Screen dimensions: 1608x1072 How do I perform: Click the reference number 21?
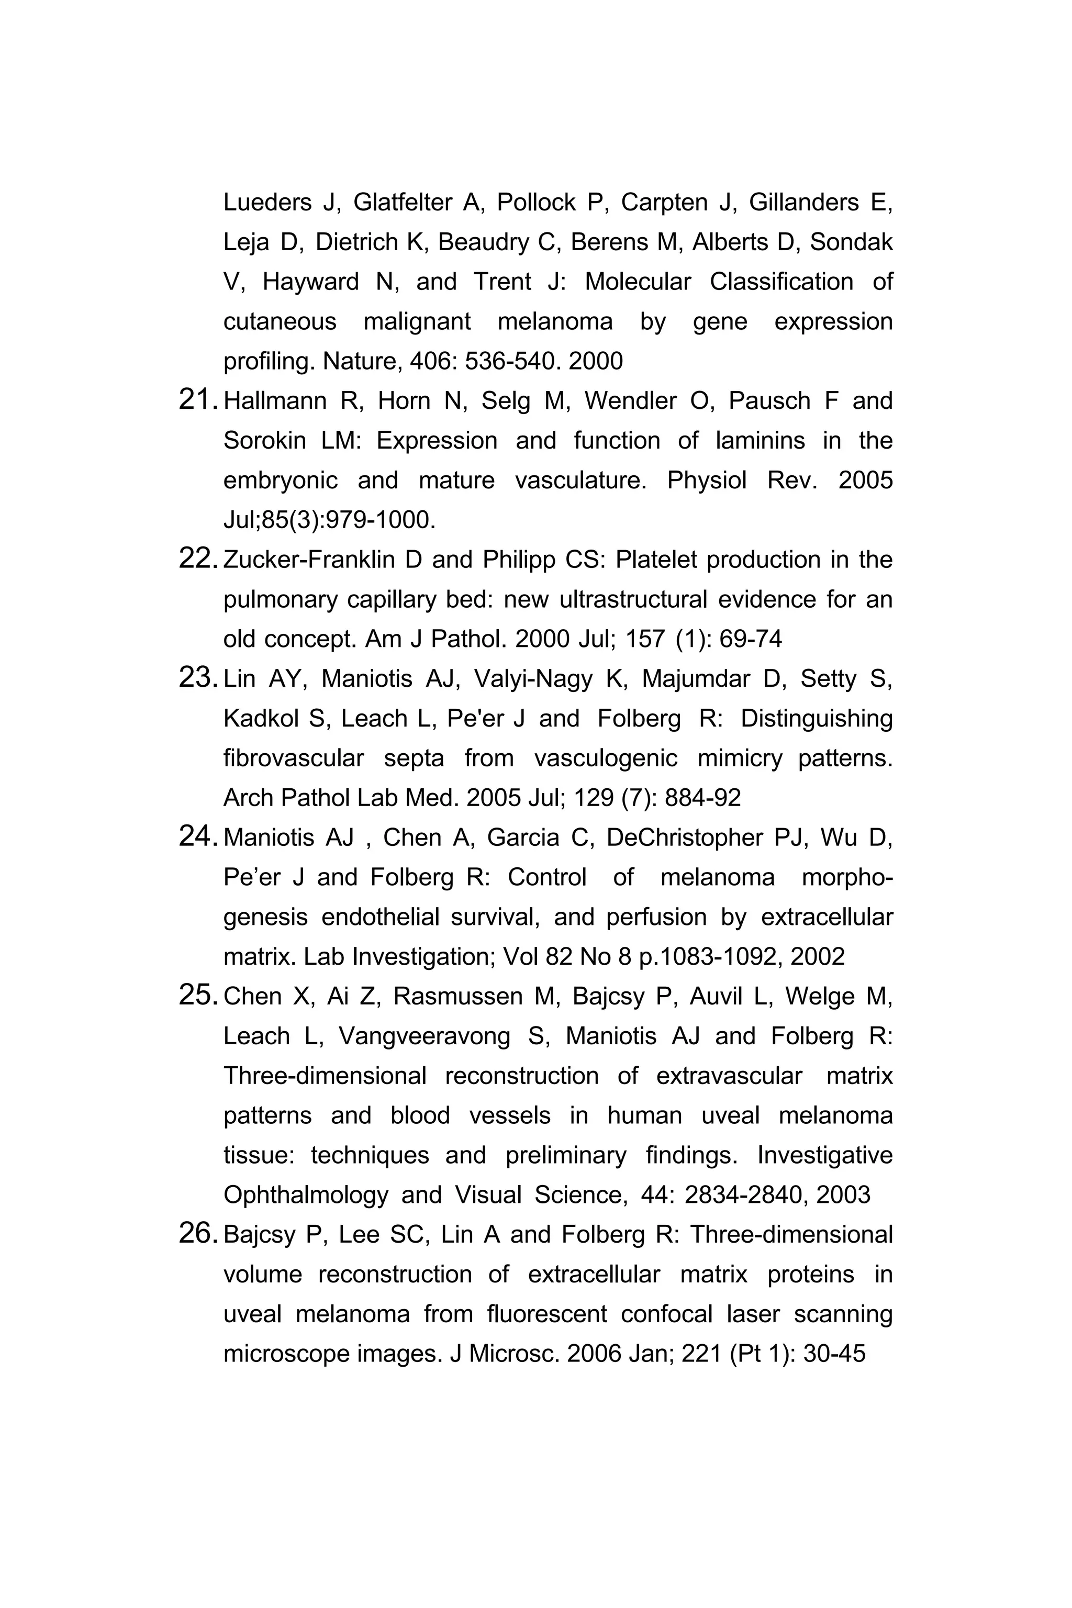pos(197,400)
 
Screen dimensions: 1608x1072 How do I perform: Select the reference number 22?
pos(197,559)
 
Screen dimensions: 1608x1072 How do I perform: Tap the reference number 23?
pos(197,678)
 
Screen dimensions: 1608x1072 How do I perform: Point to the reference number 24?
pos(197,837)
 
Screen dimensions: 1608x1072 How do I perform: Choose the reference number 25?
pos(197,996)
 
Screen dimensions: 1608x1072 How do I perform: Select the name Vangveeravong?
pos(425,1036)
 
